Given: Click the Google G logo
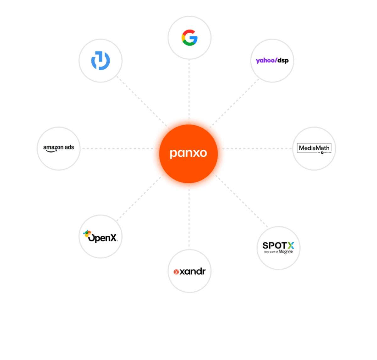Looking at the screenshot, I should pyautogui.click(x=189, y=38).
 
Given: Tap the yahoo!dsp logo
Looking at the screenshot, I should pyautogui.click(x=272, y=60).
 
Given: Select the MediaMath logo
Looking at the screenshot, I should pyautogui.click(x=314, y=148).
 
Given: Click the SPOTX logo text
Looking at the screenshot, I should pyautogui.click(x=278, y=245).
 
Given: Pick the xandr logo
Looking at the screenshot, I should pyautogui.click(x=189, y=271).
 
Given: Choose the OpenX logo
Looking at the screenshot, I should pyautogui.click(x=101, y=237).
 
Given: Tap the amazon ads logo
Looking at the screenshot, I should pyautogui.click(x=58, y=148).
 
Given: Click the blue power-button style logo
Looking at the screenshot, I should pyautogui.click(x=101, y=61).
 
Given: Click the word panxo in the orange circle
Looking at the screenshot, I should pyautogui.click(x=188, y=153).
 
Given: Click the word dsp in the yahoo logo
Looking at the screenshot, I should pyautogui.click(x=283, y=61).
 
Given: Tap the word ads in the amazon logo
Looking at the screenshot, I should pyautogui.click(x=69, y=147).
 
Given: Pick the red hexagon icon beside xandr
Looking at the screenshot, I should pyautogui.click(x=176, y=272).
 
